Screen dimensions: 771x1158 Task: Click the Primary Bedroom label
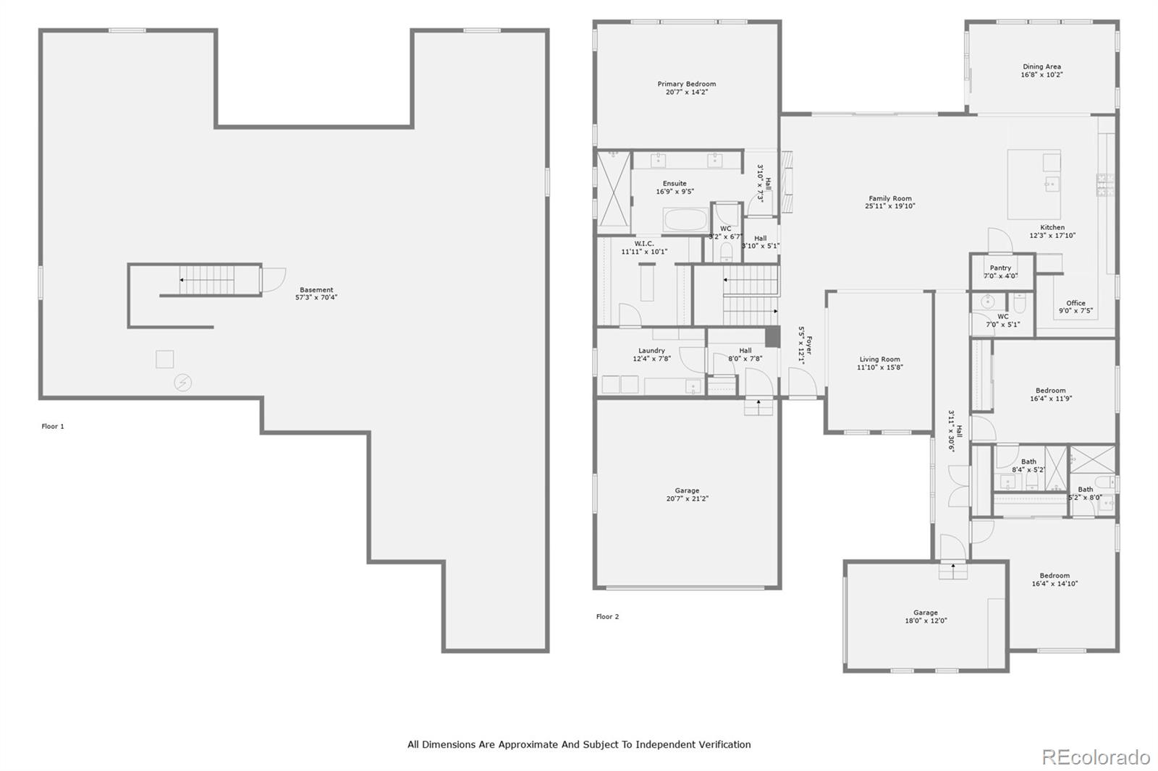pos(686,84)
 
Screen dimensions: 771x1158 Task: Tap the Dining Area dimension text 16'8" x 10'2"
pos(1041,74)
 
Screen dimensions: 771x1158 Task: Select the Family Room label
pos(889,198)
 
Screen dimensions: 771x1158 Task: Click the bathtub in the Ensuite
pos(685,220)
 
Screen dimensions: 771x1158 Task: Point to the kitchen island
pos(1034,184)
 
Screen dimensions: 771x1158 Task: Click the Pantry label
pos(1000,268)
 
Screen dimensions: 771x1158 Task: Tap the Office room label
pos(1075,303)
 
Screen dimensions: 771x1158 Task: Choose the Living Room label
pos(879,359)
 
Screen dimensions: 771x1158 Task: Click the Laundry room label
pos(651,351)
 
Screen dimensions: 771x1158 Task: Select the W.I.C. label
pos(643,244)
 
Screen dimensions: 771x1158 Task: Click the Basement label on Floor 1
pos(316,289)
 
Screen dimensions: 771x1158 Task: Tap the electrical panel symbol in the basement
pos(183,383)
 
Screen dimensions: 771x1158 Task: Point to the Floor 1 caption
pos(53,426)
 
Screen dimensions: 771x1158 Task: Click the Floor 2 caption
pos(607,616)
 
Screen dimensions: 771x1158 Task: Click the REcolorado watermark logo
pos(1095,757)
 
